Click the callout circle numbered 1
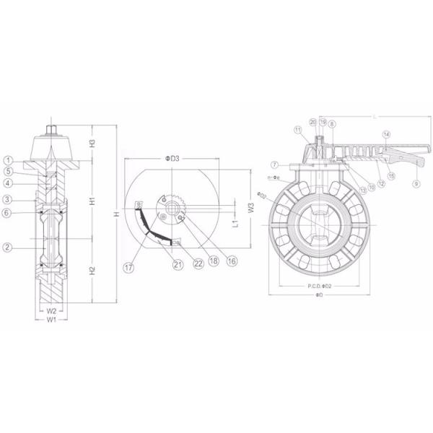coord(7,159)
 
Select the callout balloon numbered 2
coord(7,248)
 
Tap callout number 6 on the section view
coord(7,213)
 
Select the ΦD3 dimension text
coord(170,158)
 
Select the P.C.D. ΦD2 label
coord(315,287)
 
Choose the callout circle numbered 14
coord(386,134)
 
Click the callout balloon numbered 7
coord(275,165)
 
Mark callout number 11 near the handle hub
coord(297,128)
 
